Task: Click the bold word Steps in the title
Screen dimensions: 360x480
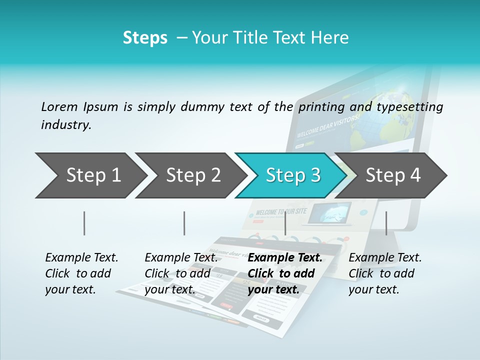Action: coord(145,38)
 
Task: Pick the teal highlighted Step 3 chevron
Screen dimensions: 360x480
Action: coord(293,175)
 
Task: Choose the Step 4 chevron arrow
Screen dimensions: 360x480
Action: coord(393,175)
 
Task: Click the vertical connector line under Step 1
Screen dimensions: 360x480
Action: coord(84,223)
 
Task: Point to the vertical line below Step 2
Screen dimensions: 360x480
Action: coord(184,223)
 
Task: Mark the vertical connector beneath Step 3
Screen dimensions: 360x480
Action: coord(285,223)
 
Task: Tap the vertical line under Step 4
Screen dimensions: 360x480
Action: coord(386,223)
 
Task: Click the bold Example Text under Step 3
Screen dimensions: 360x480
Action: coord(285,273)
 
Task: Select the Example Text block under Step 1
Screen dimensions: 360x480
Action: coord(81,273)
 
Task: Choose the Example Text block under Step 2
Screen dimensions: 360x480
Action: coord(181,273)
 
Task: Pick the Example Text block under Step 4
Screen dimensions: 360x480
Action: coord(385,273)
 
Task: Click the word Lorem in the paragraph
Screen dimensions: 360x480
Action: coord(59,107)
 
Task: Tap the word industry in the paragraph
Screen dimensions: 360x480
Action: coord(65,125)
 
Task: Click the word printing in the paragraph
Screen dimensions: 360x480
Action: coord(319,107)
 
